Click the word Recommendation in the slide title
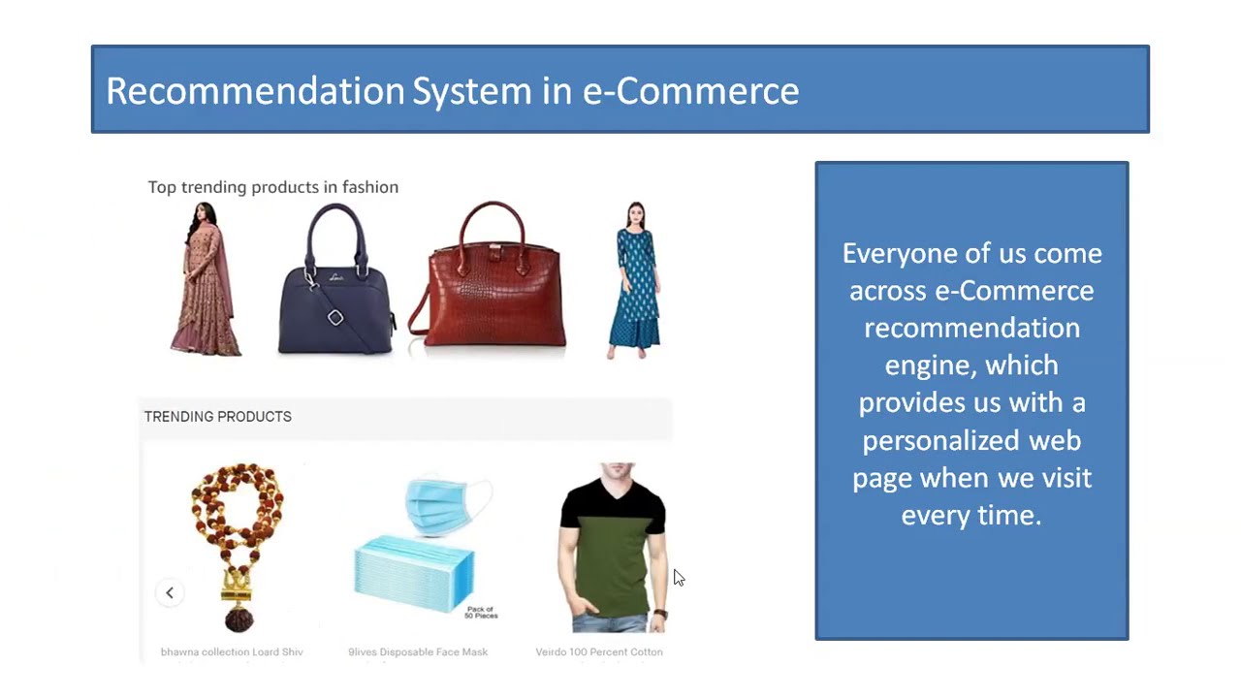pyautogui.click(x=255, y=90)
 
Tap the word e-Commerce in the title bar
pyautogui.click(x=690, y=90)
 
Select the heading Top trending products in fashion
pyautogui.click(x=272, y=187)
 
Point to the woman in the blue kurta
pyautogui.click(x=635, y=280)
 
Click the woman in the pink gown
pyautogui.click(x=205, y=280)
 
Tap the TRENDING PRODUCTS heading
pyautogui.click(x=217, y=417)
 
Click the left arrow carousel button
pyautogui.click(x=170, y=592)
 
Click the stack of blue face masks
pyautogui.click(x=415, y=578)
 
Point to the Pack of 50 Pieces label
pyautogui.click(x=480, y=613)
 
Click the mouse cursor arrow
pyautogui.click(x=678, y=578)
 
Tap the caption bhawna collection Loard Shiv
pyautogui.click(x=232, y=652)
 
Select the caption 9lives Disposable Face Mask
pyautogui.click(x=418, y=652)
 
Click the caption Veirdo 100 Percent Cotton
pyautogui.click(x=599, y=652)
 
